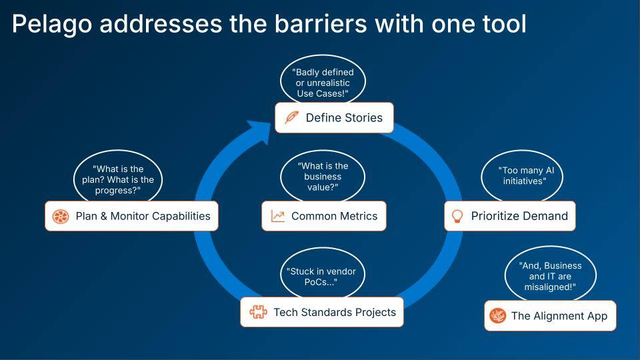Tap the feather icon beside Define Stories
click(291, 118)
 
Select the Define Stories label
click(344, 118)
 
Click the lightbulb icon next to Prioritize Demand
click(457, 216)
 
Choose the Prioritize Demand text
click(519, 216)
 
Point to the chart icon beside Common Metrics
click(278, 216)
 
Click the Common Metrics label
click(334, 216)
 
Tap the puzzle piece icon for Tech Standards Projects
click(258, 312)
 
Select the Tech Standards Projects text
click(334, 312)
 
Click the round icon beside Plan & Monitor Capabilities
click(61, 216)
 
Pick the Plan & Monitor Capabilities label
click(143, 216)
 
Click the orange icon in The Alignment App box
click(497, 316)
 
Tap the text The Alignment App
click(559, 316)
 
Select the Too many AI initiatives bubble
click(522, 175)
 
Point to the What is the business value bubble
click(323, 177)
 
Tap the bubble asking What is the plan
click(117, 178)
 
